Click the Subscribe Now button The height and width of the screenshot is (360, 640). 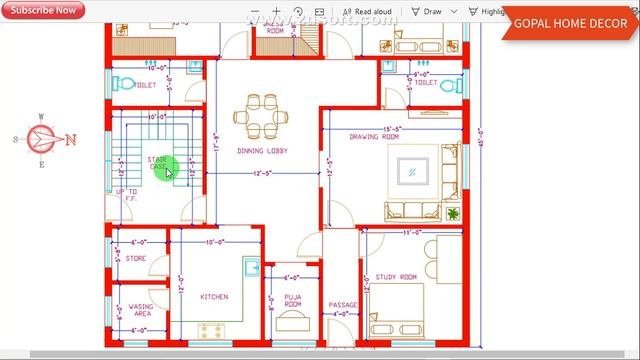coord(43,10)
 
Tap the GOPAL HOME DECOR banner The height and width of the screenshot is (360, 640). coord(571,24)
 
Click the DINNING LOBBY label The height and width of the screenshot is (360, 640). coord(262,151)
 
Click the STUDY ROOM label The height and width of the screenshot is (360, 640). coord(395,277)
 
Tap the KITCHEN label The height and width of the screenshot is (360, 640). coord(214,297)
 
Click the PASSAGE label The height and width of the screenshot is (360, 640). coord(343,306)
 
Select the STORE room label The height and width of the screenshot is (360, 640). coord(136,259)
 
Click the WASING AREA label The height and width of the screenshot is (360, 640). coord(140,310)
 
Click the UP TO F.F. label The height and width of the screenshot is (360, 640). coord(127,194)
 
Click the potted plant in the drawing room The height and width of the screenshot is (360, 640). coord(453,213)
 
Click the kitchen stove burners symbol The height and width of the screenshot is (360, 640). coord(211,329)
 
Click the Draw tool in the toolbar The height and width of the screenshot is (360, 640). coord(427,12)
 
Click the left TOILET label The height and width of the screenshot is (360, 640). coord(145,86)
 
